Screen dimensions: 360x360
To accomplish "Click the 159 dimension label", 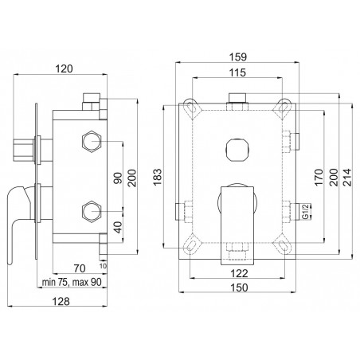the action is click(x=237, y=57).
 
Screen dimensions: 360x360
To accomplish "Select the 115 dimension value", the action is click(x=237, y=72).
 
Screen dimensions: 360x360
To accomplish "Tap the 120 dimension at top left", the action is click(x=64, y=68).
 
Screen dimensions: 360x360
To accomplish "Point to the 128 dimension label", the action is click(x=61, y=301).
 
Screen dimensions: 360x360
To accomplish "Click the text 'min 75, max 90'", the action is click(x=72, y=282).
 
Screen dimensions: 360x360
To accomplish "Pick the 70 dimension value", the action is click(x=80, y=268).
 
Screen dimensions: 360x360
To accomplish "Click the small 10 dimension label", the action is click(x=104, y=265).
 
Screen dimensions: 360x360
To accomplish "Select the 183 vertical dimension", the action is click(x=157, y=177).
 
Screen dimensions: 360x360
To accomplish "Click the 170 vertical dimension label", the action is click(x=319, y=177).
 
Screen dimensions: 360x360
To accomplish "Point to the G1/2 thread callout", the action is click(x=306, y=211).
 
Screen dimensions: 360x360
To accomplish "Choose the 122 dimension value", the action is click(x=239, y=273).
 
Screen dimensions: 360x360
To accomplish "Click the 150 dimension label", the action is click(x=239, y=288).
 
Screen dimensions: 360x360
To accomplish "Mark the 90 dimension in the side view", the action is click(x=119, y=178).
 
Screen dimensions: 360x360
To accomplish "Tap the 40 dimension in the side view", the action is click(x=119, y=227).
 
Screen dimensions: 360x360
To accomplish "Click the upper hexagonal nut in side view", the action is click(x=92, y=141).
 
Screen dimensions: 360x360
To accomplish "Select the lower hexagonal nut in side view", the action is click(x=92, y=211).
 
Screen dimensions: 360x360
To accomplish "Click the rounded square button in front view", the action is click(x=237, y=151).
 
